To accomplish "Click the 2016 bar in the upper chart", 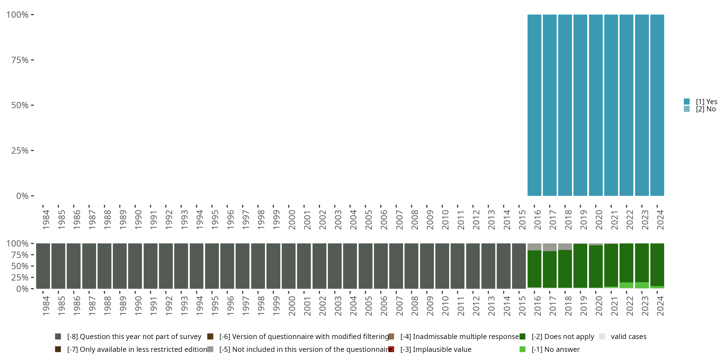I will [x=534, y=105].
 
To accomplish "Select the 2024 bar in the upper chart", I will [x=657, y=105].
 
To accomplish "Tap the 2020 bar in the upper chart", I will [x=596, y=105].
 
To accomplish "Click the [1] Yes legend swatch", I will [x=687, y=101].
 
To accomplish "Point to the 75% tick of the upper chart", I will [x=32, y=60].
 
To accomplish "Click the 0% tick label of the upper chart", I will [x=22, y=196].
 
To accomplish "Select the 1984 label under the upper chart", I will [x=46, y=220].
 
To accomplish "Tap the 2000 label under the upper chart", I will [x=292, y=220].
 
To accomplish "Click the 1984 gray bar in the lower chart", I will [x=43, y=266].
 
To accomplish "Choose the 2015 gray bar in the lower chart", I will [x=519, y=266].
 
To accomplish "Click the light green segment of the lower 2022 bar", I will [x=626, y=285].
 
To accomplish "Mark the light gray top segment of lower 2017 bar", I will [x=550, y=247].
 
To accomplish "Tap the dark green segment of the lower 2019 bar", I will [x=580, y=266].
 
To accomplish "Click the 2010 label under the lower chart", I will [x=445, y=306].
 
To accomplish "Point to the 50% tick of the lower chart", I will [x=32, y=266].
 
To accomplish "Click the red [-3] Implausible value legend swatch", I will [x=391, y=349].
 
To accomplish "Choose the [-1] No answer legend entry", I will [x=555, y=349].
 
